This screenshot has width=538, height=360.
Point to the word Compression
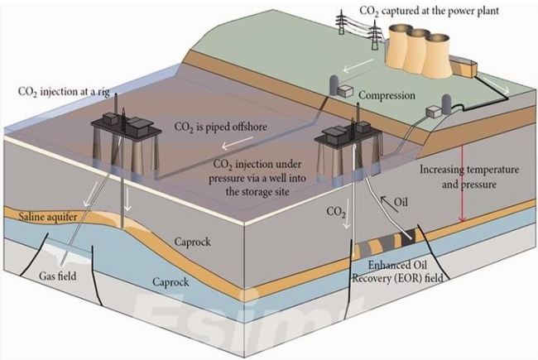(387, 96)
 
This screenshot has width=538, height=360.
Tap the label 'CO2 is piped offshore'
(219, 128)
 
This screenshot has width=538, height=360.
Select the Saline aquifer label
(46, 216)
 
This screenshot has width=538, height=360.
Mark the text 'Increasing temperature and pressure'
(469, 177)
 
